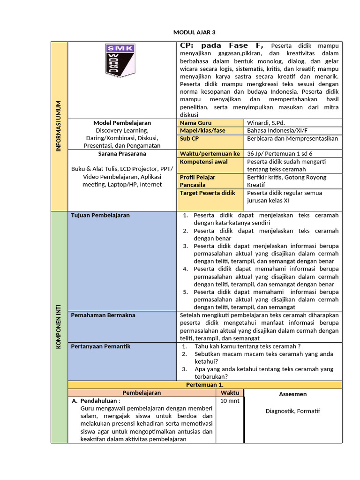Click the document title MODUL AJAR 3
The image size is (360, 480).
(x=194, y=32)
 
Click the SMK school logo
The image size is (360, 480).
(x=120, y=60)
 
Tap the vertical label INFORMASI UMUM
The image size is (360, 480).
(x=59, y=125)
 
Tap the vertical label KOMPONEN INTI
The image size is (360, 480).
(x=59, y=326)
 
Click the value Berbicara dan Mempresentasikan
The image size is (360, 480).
(x=292, y=139)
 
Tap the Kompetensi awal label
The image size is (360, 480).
(x=204, y=162)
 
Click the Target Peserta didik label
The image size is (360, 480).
(x=208, y=193)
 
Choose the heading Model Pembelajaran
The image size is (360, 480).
(x=122, y=123)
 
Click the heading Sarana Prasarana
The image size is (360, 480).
(x=122, y=154)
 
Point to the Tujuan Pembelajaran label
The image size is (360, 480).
(x=100, y=215)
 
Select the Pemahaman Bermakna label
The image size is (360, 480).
(x=103, y=315)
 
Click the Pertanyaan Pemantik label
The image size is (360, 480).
(x=101, y=347)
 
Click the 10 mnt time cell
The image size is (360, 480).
(x=230, y=402)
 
